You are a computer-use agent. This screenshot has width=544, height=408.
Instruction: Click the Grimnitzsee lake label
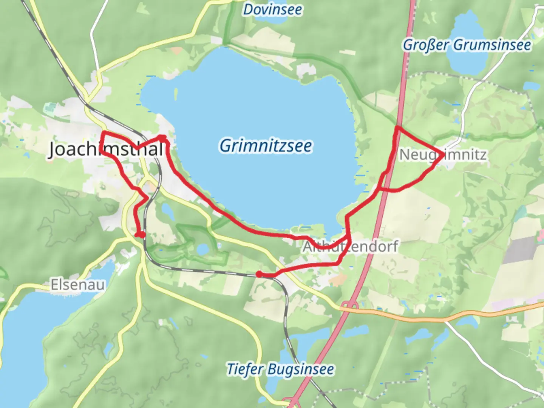266,146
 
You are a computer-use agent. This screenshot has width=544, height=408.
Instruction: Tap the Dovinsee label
272,9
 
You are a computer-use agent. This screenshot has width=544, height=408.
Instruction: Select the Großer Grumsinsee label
467,45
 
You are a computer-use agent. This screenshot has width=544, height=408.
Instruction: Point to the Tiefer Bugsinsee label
280,369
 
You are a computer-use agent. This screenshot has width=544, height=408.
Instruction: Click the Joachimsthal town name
106,149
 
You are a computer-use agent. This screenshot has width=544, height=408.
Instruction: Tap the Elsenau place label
78,284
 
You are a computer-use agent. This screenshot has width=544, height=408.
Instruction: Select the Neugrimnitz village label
443,155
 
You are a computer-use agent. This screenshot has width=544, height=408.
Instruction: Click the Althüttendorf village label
350,247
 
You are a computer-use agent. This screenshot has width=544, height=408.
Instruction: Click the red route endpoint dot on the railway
259,274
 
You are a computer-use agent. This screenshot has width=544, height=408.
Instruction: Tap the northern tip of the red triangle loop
397,128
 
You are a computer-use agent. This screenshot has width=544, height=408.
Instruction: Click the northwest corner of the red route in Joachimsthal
104,133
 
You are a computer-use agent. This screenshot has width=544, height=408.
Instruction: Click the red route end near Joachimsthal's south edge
141,235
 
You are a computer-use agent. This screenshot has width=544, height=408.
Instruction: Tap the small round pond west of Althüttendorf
203,249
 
